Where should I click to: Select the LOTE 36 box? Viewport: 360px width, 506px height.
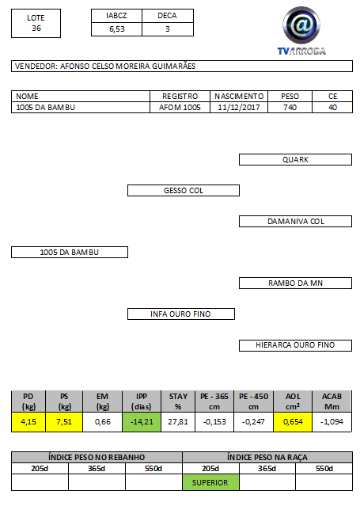pos(36,23)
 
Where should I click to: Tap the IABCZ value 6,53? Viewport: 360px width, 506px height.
pos(116,29)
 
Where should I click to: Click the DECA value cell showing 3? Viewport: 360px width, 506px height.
pos(168,29)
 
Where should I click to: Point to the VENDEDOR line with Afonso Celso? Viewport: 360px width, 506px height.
pos(182,67)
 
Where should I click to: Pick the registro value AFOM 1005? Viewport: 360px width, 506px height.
pos(180,108)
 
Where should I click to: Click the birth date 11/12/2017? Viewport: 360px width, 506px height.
pos(239,108)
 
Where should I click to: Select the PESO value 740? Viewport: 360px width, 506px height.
pos(290,108)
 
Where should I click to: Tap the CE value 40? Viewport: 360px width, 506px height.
pos(332,108)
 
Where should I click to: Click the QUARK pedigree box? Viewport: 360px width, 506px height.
pos(295,159)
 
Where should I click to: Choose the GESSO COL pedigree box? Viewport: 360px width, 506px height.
pos(184,190)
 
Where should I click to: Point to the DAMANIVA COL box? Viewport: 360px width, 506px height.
pos(295,222)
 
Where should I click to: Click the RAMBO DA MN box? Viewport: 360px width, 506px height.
pos(295,283)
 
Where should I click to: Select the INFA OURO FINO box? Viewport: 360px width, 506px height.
pos(181,314)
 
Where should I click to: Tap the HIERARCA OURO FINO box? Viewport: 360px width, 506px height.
pos(295,345)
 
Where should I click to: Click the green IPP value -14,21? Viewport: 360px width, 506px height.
pos(142,422)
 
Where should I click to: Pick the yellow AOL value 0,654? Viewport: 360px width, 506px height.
pos(293,422)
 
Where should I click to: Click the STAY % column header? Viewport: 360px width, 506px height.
pos(178,401)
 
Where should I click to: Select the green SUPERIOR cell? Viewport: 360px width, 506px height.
pos(210,482)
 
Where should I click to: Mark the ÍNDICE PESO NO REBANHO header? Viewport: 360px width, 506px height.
pos(97,457)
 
